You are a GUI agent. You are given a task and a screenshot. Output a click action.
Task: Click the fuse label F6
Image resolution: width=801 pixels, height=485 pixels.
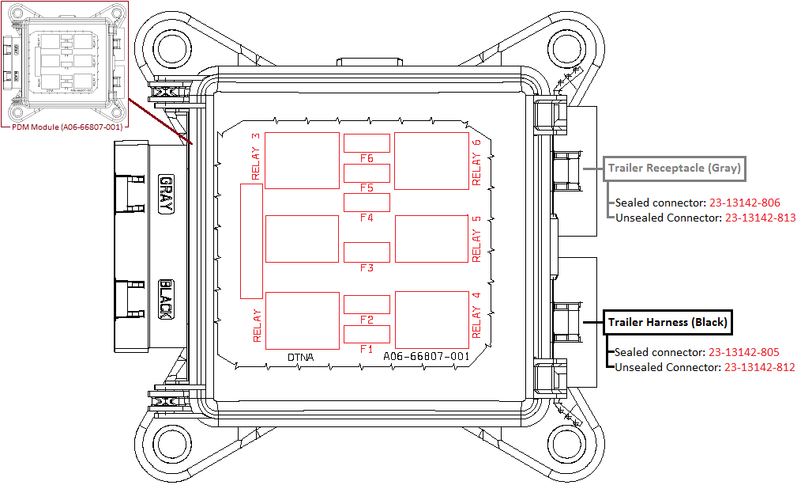(x=366, y=158)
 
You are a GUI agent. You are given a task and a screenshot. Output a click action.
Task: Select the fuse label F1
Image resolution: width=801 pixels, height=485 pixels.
(x=366, y=349)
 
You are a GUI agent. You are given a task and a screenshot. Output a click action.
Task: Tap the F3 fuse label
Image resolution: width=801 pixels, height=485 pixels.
(x=366, y=268)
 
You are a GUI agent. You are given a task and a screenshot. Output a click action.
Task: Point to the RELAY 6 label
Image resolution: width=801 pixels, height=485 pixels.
(x=476, y=162)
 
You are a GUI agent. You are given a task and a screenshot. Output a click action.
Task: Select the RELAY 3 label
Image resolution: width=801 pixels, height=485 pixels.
(x=255, y=157)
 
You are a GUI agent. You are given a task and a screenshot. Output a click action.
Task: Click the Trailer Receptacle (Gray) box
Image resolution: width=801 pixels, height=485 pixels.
(x=675, y=168)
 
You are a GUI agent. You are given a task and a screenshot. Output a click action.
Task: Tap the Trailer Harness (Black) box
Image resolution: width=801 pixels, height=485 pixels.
(x=667, y=322)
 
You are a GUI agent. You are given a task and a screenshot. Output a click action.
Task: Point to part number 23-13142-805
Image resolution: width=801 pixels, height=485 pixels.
(x=744, y=352)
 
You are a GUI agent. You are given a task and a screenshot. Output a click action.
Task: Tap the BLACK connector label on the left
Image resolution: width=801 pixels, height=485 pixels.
(x=166, y=300)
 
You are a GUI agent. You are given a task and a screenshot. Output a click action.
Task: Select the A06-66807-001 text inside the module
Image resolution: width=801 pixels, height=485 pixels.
(x=426, y=357)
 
